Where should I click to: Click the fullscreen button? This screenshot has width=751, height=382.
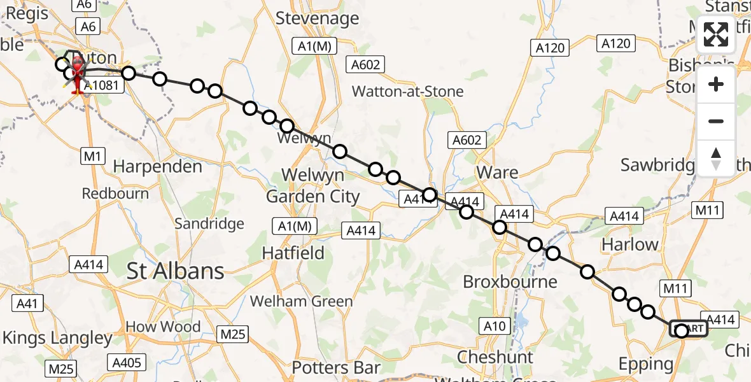pyautogui.click(x=716, y=34)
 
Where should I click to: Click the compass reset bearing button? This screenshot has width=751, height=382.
pyautogui.click(x=716, y=158)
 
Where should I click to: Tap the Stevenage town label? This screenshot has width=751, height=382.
pyautogui.click(x=318, y=18)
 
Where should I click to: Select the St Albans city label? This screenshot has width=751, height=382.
pyautogui.click(x=175, y=271)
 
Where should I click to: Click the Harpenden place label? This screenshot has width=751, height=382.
pyautogui.click(x=157, y=167)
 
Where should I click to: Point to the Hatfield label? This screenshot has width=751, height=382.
pyautogui.click(x=293, y=253)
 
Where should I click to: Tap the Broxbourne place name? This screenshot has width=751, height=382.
pyautogui.click(x=510, y=281)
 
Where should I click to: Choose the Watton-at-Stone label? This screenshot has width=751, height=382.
pyautogui.click(x=408, y=92)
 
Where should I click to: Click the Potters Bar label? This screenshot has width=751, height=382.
pyautogui.click(x=336, y=367)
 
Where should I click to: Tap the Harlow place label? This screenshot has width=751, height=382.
pyautogui.click(x=630, y=244)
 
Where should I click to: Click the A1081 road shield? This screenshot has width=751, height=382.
pyautogui.click(x=102, y=85)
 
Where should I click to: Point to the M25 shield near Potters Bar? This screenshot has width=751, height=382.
pyautogui.click(x=234, y=334)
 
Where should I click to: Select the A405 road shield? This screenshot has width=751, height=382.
pyautogui.click(x=126, y=363)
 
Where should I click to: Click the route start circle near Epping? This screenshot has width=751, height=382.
pyautogui.click(x=682, y=330)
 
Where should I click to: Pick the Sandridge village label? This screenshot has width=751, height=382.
pyautogui.click(x=209, y=223)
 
